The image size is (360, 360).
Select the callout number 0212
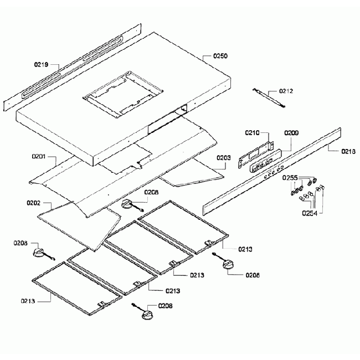(x=286, y=91)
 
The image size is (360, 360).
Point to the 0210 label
(x=253, y=132)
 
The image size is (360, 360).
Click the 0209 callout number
(x=291, y=133)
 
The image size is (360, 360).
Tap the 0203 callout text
(x=223, y=157)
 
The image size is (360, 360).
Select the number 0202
(x=33, y=203)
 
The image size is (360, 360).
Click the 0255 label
(x=290, y=178)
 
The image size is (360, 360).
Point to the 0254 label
(x=310, y=213)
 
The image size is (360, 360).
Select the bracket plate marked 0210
(x=256, y=153)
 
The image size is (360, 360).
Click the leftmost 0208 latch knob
(x=40, y=253)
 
